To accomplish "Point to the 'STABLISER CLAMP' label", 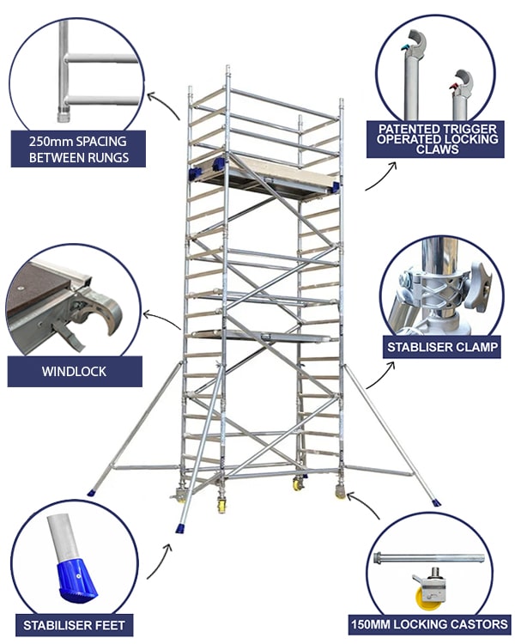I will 439,347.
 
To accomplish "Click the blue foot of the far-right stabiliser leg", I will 436,501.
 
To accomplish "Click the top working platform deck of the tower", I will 266,175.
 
